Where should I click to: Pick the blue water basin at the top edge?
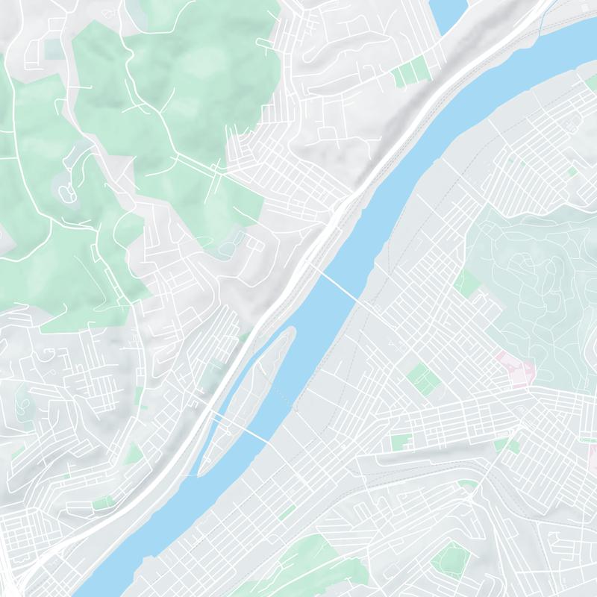(448, 13)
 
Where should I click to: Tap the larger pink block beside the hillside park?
(520, 371)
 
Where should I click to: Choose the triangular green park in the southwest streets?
(134, 452)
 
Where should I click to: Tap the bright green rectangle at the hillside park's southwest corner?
(467, 284)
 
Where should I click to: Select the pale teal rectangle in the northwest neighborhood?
(54, 49)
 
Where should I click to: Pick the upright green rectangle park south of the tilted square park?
(401, 442)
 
